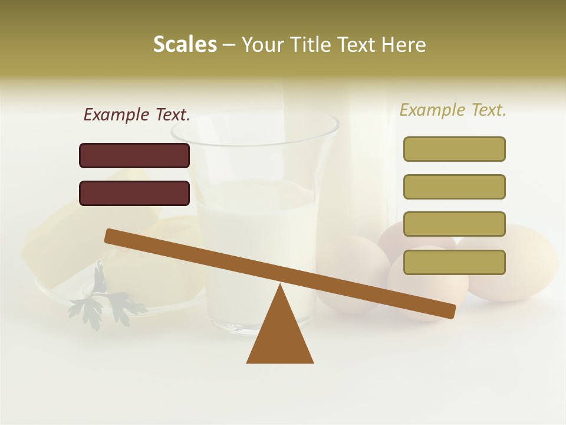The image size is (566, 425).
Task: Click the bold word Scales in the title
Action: tap(185, 44)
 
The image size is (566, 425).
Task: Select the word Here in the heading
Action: tap(403, 45)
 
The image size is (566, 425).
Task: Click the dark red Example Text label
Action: tap(137, 115)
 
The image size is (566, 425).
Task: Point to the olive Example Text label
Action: tap(453, 110)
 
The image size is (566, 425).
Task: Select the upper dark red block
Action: tap(134, 155)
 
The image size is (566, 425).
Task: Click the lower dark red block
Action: tap(134, 193)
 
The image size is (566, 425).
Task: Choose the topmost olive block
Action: tap(454, 149)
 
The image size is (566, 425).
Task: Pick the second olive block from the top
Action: tap(454, 187)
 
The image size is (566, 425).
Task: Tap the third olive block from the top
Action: tap(454, 224)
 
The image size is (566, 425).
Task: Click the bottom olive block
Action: tap(454, 262)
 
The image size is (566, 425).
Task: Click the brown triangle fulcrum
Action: tap(280, 336)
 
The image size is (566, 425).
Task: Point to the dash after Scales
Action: tap(229, 45)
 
